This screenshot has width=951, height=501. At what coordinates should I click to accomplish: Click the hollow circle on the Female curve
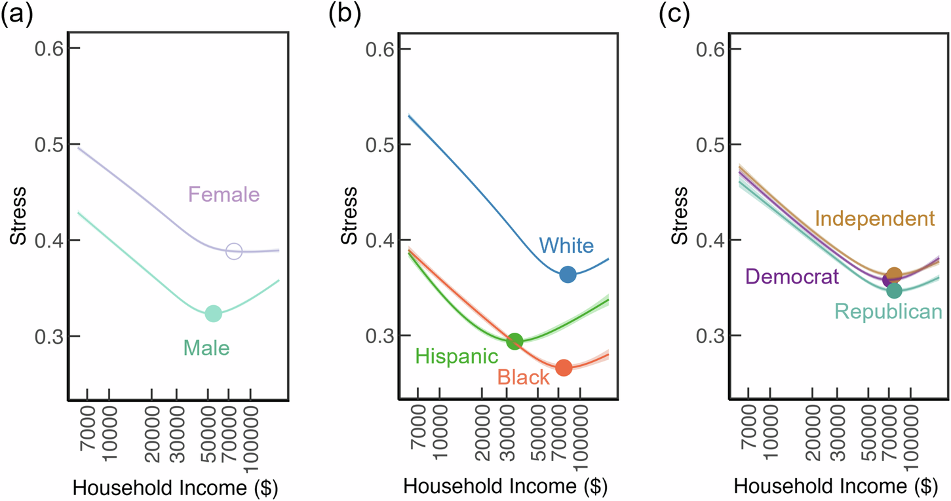(x=234, y=251)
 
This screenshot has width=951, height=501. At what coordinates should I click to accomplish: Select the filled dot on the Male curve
(x=213, y=314)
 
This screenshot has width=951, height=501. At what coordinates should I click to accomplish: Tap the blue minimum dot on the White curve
(x=568, y=274)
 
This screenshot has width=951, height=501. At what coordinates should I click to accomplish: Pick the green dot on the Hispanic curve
(x=514, y=341)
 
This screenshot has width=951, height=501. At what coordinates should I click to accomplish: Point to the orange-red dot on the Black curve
(x=564, y=368)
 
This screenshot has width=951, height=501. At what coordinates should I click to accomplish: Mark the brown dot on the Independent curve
(x=895, y=274)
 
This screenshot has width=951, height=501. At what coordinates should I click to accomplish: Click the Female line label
(x=224, y=195)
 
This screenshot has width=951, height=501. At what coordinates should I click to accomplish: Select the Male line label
(x=206, y=348)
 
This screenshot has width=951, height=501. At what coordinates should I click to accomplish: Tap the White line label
(x=566, y=246)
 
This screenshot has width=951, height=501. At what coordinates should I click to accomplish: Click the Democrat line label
(x=792, y=277)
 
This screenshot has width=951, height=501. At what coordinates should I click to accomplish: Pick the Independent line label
(x=874, y=218)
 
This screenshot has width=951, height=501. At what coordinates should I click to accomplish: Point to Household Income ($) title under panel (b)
(x=504, y=487)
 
